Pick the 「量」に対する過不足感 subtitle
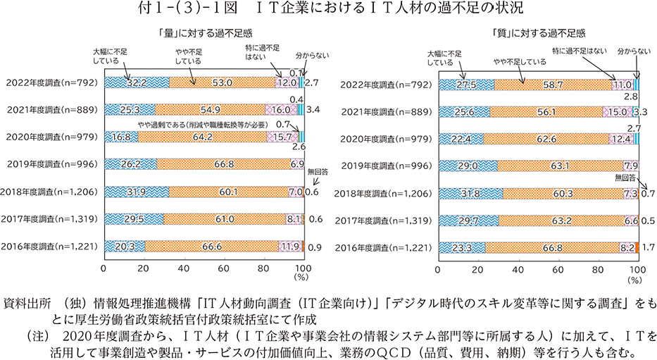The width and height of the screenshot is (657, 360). (204, 33)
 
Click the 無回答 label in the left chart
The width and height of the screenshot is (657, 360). (318, 171)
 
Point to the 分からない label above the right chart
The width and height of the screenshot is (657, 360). (630, 52)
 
